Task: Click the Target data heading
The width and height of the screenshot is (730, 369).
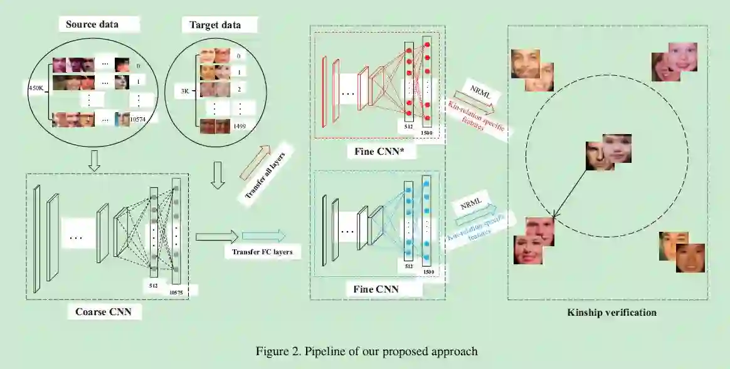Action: tap(214, 25)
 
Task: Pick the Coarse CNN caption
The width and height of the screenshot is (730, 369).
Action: tap(103, 311)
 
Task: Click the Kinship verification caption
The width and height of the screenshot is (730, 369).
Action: tap(611, 312)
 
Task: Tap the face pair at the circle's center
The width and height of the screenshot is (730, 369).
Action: tap(608, 152)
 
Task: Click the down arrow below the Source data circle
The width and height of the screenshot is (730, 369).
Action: tap(94, 162)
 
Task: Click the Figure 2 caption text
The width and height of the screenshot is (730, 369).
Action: tap(366, 351)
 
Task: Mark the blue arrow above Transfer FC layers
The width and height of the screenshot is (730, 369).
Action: tap(263, 236)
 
